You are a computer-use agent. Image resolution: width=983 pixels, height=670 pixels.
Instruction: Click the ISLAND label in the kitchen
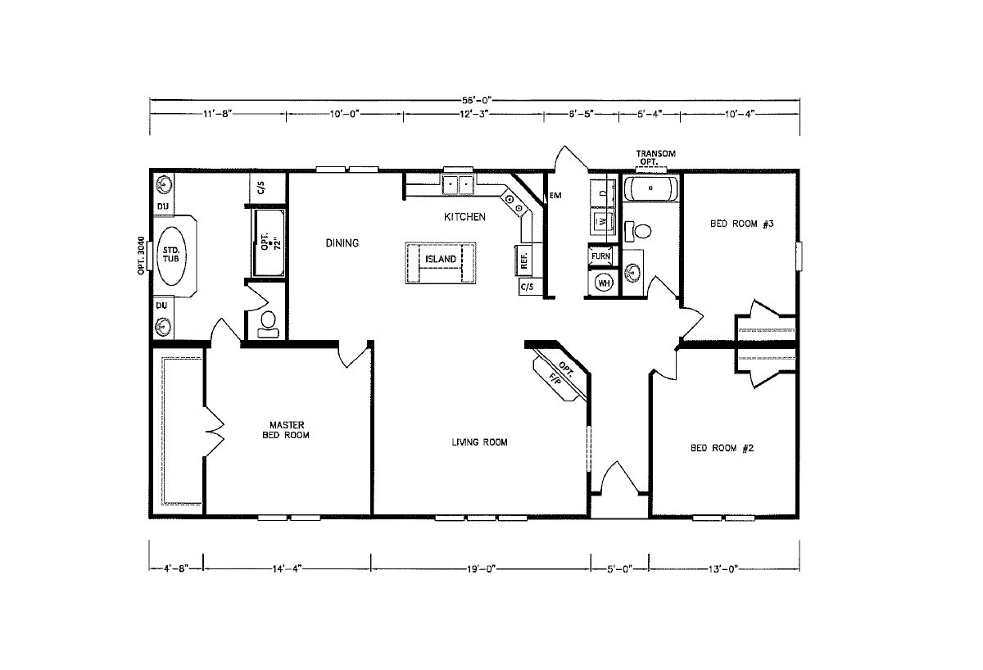click(x=441, y=260)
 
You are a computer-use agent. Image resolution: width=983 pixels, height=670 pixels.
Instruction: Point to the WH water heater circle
click(x=605, y=283)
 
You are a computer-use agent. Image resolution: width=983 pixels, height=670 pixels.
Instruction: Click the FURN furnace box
click(x=601, y=256)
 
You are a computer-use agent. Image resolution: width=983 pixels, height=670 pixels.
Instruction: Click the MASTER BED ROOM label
click(x=287, y=430)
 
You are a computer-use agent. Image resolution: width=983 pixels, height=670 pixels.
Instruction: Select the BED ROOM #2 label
click(x=722, y=448)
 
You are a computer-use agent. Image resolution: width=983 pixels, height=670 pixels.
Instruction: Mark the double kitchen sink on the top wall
click(x=458, y=184)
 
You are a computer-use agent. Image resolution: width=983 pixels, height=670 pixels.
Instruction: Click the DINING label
click(x=342, y=243)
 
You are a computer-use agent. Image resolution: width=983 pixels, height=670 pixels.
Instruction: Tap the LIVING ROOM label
click(x=479, y=442)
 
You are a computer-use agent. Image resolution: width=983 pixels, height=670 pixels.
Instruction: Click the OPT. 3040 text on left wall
click(x=141, y=255)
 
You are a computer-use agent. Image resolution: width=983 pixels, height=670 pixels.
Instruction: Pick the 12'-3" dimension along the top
click(x=473, y=115)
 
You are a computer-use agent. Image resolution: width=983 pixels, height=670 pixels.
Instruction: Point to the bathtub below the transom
click(x=650, y=190)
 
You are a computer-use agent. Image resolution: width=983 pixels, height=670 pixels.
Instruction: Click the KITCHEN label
click(x=464, y=217)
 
